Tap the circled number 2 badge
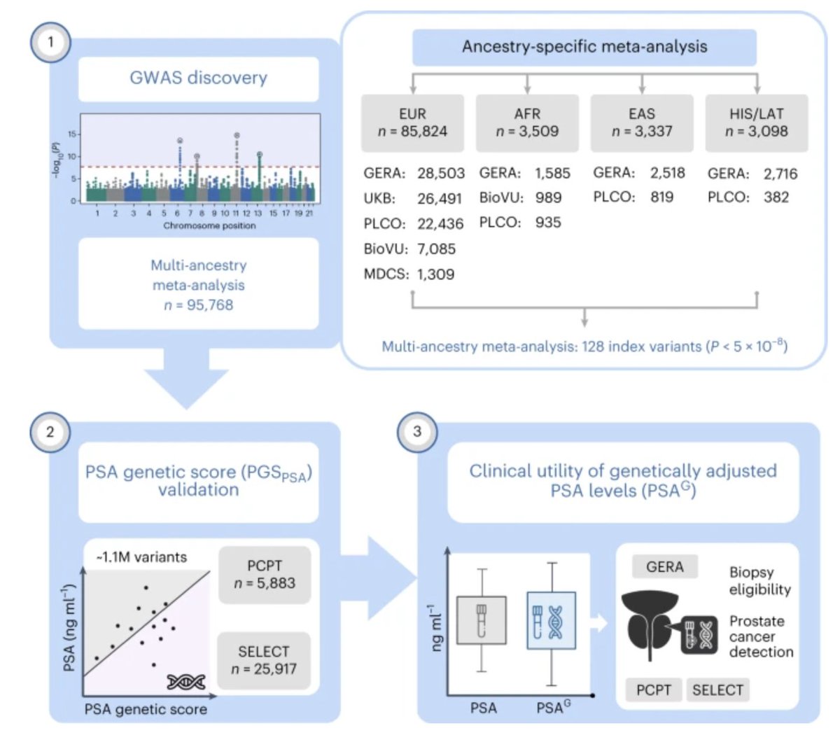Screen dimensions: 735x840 50,431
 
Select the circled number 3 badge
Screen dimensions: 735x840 417,431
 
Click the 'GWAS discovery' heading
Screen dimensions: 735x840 198,78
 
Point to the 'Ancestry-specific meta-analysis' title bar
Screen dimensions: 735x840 584,47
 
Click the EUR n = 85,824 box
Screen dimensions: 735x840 412,122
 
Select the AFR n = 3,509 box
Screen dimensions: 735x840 527,122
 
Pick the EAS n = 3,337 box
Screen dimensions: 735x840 642,122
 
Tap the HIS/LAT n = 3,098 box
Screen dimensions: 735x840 756,122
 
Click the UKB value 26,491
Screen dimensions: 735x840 440,199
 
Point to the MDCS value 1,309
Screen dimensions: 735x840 435,274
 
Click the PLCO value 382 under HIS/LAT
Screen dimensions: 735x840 776,197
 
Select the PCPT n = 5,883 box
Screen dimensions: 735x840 264,574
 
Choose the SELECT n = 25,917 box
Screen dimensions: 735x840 264,660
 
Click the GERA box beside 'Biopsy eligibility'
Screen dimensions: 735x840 664,567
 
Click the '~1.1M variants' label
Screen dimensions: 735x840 141,557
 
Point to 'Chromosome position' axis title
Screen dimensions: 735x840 209,225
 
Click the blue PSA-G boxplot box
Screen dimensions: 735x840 551,616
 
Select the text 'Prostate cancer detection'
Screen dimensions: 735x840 761,636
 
